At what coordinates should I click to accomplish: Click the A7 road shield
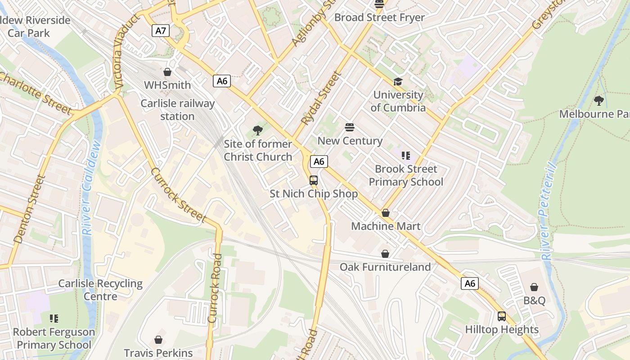click(x=161, y=31)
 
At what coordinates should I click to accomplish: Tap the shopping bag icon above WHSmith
click(x=167, y=72)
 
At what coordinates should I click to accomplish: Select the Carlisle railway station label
click(x=178, y=110)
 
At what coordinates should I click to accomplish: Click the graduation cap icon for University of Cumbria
click(x=398, y=81)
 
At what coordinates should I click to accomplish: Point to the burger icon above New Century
click(x=350, y=127)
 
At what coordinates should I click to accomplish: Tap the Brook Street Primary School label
click(x=406, y=175)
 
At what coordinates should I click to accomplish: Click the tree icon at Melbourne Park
click(x=598, y=100)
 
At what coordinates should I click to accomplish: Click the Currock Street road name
click(x=179, y=195)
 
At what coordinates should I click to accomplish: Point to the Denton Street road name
click(x=31, y=209)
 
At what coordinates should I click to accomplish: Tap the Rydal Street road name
click(x=321, y=99)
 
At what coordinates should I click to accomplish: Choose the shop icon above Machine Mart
click(x=386, y=213)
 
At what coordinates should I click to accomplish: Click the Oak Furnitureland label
click(x=385, y=267)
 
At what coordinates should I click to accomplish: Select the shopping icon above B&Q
click(x=534, y=287)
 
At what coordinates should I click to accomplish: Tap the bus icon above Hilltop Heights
click(x=502, y=316)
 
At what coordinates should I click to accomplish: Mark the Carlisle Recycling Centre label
click(x=100, y=290)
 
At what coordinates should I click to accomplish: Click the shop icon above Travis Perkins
click(x=158, y=340)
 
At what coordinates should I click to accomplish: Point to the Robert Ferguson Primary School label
click(x=54, y=338)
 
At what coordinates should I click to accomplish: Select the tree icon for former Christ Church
click(x=258, y=130)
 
